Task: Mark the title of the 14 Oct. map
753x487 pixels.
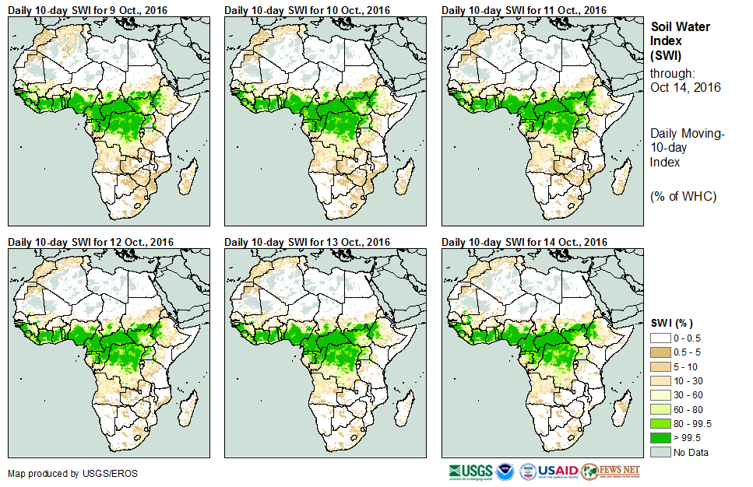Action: point(524,242)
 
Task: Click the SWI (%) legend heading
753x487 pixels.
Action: point(671,323)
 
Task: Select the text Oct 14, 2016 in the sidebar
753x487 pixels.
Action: point(685,87)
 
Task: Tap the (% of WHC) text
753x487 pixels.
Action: point(683,195)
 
